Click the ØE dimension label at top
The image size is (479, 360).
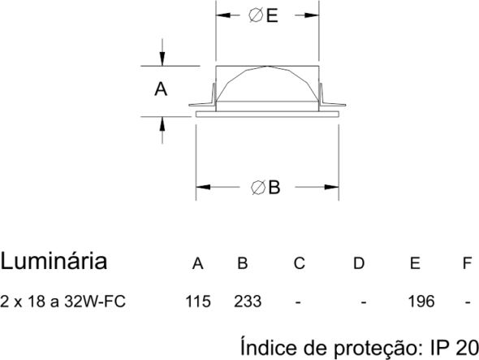click(x=263, y=15)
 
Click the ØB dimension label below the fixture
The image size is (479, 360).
click(x=265, y=187)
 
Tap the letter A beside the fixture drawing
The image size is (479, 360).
click(x=161, y=89)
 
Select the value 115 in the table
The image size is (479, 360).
click(x=198, y=301)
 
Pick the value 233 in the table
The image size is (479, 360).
click(x=248, y=301)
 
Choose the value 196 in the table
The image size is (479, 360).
click(x=421, y=301)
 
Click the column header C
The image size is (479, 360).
click(x=300, y=263)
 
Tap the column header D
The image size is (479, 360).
click(x=359, y=263)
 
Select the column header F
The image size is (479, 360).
click(x=467, y=263)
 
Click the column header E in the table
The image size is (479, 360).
click(x=415, y=263)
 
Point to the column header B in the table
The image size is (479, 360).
click(x=243, y=263)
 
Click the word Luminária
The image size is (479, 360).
click(x=54, y=261)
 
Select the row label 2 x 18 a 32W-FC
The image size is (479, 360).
click(x=63, y=301)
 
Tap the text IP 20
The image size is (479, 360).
click(x=455, y=348)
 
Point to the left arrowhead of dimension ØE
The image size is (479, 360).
click(x=223, y=15)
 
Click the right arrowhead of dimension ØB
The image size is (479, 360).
click(x=332, y=187)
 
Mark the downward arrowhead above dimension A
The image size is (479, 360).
click(x=162, y=59)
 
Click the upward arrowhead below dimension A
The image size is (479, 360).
click(x=162, y=124)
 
